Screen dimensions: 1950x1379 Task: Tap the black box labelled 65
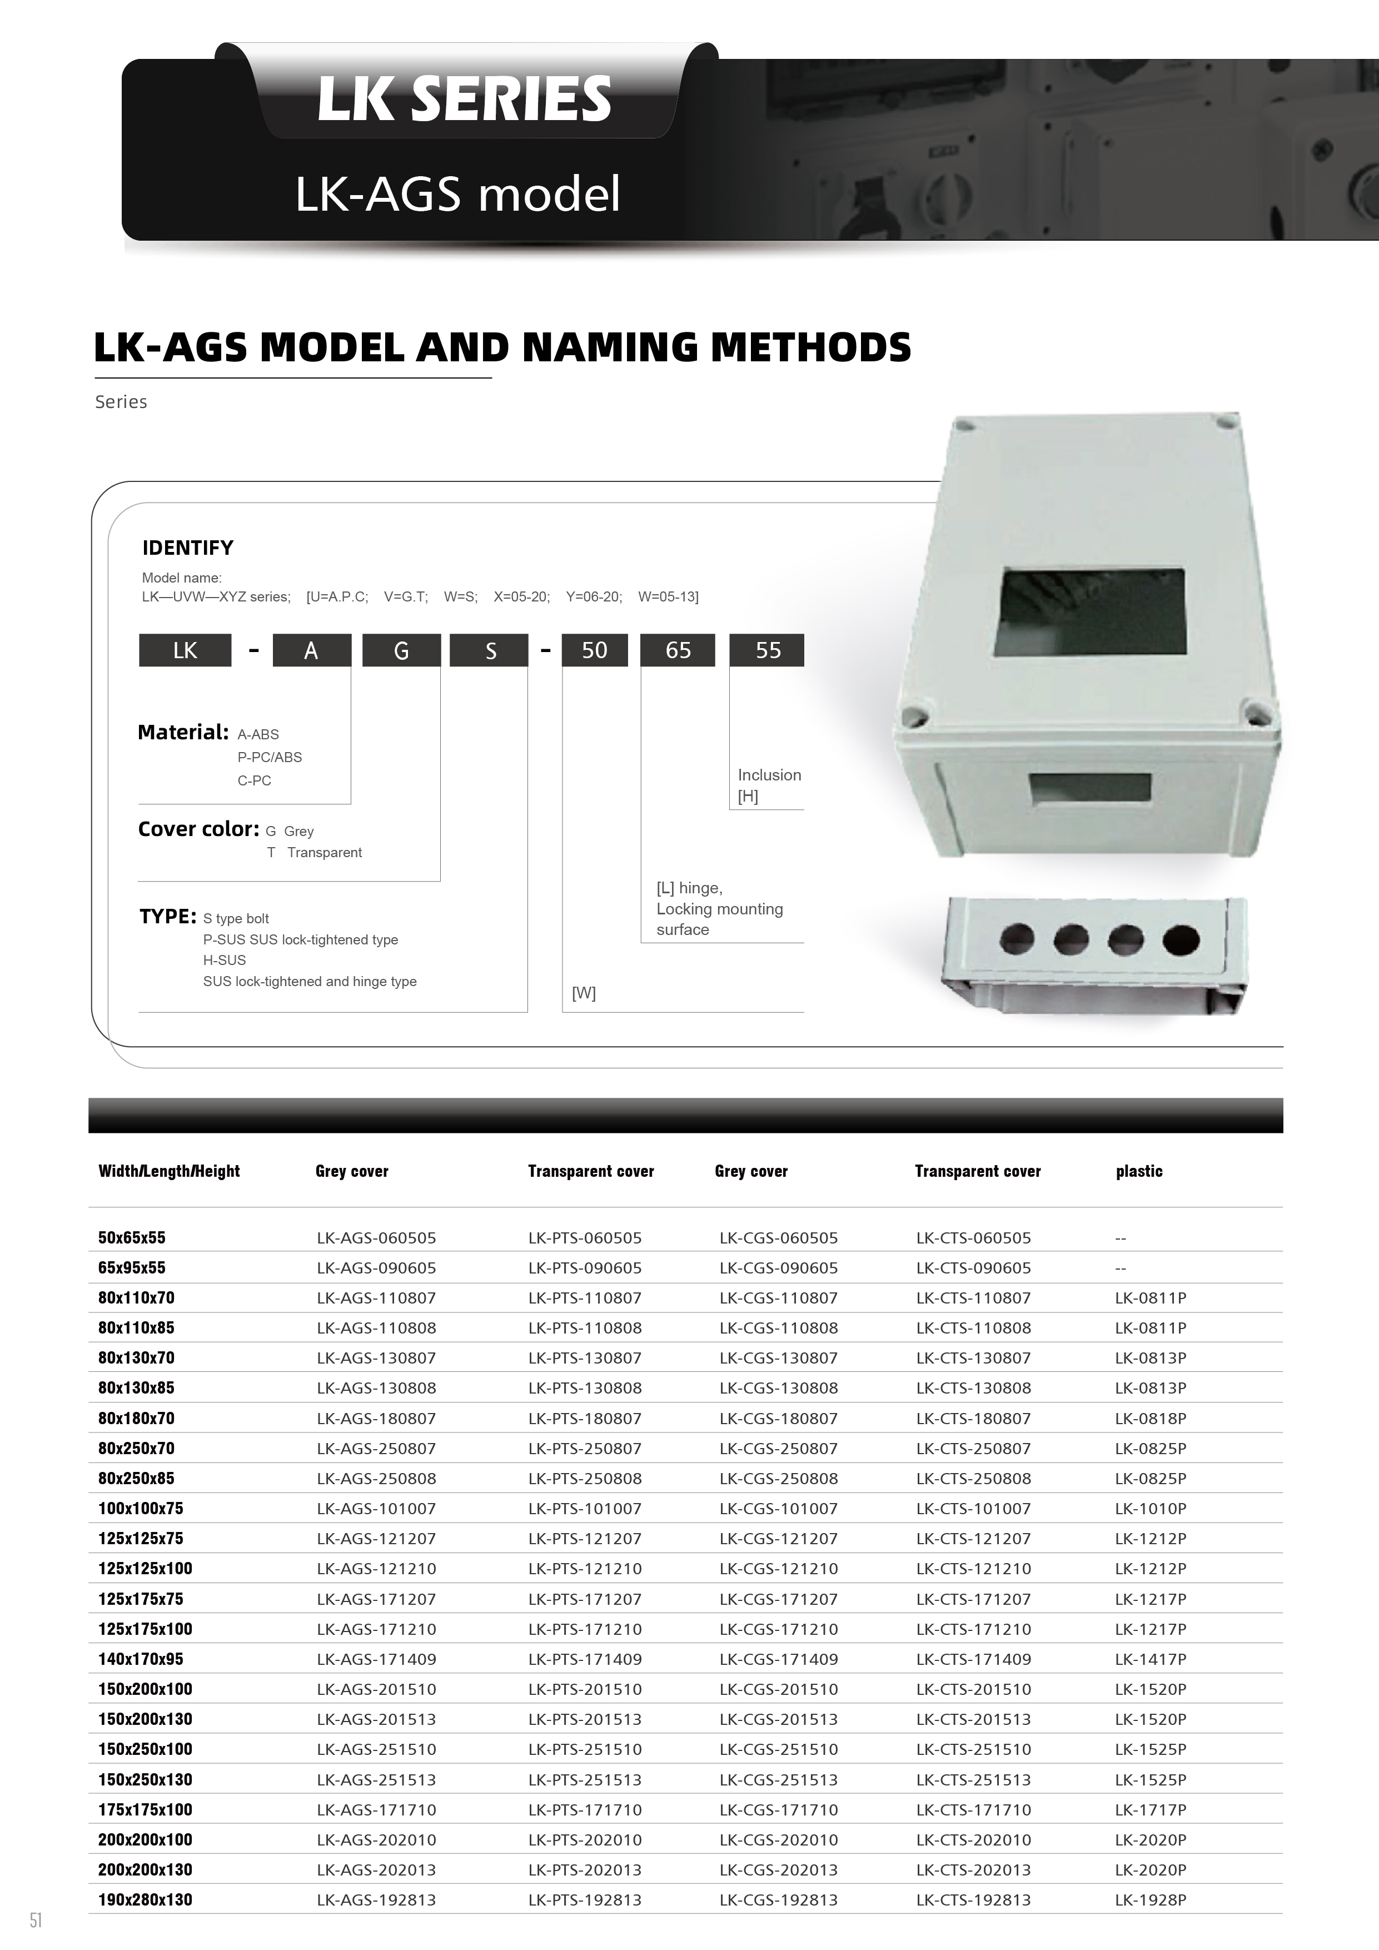[x=678, y=650]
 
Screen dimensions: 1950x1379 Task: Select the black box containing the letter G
[x=401, y=650]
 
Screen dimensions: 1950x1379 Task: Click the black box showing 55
[x=767, y=650]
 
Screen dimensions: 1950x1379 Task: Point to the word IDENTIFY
[x=188, y=548]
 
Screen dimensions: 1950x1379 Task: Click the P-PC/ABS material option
[x=269, y=757]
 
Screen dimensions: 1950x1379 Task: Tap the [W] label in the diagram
[x=584, y=993]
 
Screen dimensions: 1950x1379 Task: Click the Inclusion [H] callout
[x=769, y=785]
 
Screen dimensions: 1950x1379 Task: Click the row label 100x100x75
[x=141, y=1509]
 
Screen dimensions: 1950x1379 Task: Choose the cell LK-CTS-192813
[x=973, y=1900]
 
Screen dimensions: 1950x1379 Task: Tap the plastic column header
[x=1139, y=1171]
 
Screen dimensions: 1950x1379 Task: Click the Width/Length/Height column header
[x=169, y=1171]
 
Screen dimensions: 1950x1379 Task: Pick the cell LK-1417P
[x=1150, y=1659]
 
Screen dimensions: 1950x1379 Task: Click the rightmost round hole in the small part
[x=1181, y=940]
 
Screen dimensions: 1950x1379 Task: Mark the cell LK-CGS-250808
[x=778, y=1478]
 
